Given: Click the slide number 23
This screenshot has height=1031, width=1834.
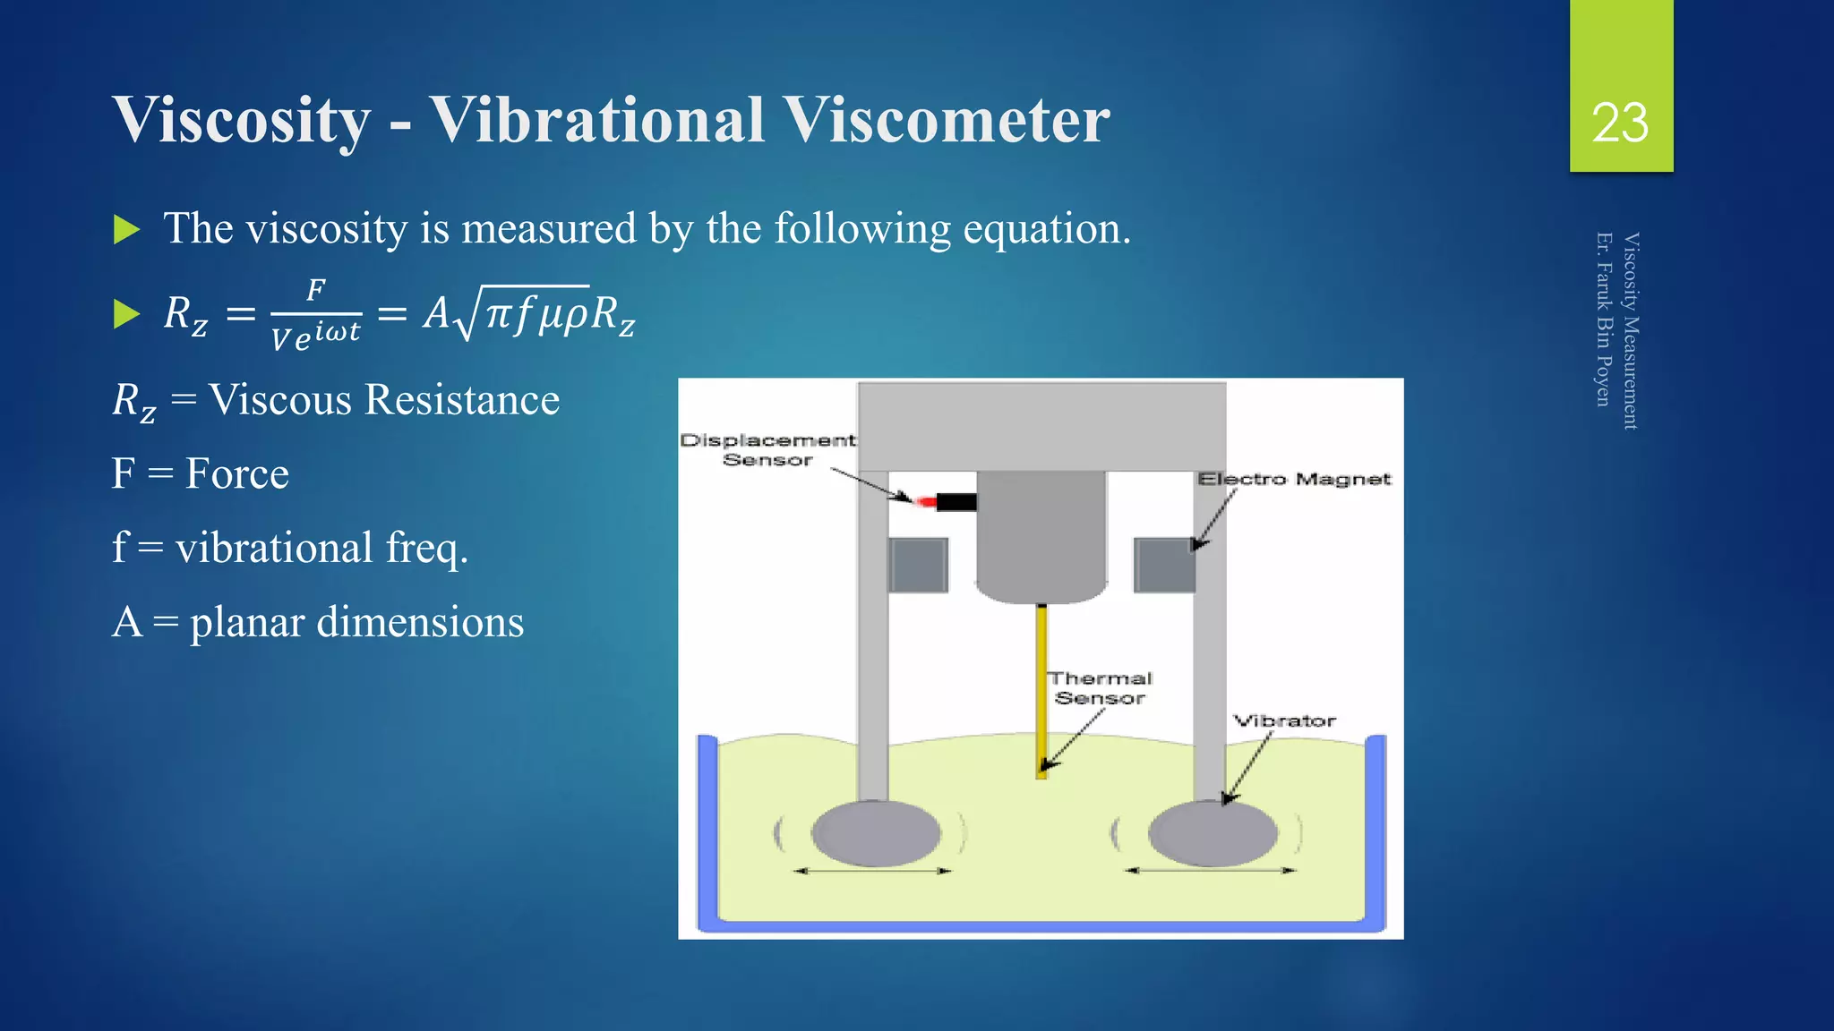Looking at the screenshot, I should pyautogui.click(x=1620, y=123).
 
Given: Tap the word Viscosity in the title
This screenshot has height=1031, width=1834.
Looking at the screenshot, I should pyautogui.click(x=242, y=120).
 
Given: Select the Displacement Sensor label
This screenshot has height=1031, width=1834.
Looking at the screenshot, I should pyautogui.click(x=767, y=449).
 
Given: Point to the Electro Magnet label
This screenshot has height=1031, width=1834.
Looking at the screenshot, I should pyautogui.click(x=1294, y=480).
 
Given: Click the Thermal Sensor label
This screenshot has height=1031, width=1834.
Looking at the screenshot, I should pyautogui.click(x=1101, y=688).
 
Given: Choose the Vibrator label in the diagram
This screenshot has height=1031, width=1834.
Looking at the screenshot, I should pyautogui.click(x=1284, y=720).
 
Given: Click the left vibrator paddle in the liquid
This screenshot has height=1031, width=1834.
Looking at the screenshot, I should pyautogui.click(x=876, y=833).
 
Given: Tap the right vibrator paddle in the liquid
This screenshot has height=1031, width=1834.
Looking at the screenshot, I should pyautogui.click(x=1213, y=833).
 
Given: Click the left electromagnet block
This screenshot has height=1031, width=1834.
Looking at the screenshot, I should pyautogui.click(x=918, y=565).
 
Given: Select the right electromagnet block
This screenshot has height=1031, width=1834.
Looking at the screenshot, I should pyautogui.click(x=1163, y=565).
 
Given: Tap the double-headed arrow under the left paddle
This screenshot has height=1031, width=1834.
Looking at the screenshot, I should pyautogui.click(x=872, y=871).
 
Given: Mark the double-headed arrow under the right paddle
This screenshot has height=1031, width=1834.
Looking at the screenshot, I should pyautogui.click(x=1211, y=871).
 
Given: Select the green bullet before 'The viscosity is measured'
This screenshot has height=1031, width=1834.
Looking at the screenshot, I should pyautogui.click(x=127, y=230).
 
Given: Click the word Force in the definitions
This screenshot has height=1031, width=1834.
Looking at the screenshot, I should pyautogui.click(x=237, y=473).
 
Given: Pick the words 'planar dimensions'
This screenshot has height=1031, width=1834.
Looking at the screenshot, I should pyautogui.click(x=356, y=622).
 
